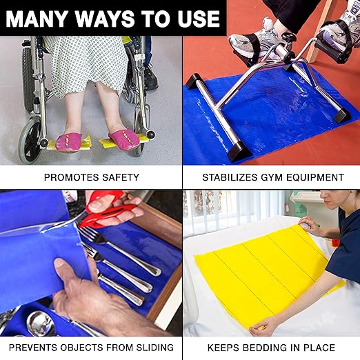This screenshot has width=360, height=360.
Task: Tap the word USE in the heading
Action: pos(199,19)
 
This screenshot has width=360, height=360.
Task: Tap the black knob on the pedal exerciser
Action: pos(288,37)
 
